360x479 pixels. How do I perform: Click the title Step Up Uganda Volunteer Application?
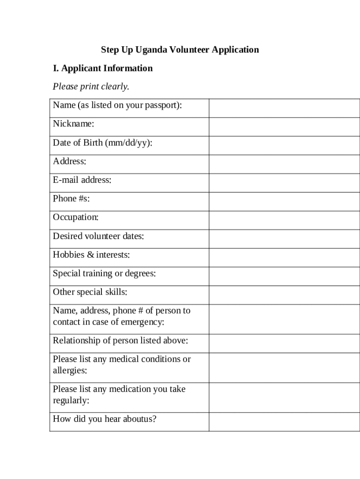pos(180,50)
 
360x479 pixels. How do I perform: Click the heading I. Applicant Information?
pos(103,68)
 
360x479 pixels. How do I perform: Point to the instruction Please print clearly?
pos(91,87)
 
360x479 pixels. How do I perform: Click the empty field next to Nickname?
pos(284,127)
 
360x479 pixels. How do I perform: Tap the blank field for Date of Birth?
pos(284,145)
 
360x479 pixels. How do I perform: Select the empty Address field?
pos(284,164)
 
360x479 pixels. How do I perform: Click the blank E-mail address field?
pos(284,183)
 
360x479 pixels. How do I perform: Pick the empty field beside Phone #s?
pos(284,202)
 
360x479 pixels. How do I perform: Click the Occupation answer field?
pos(284,220)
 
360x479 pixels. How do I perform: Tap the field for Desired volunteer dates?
pos(284,239)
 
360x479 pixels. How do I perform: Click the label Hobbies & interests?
pos(91,255)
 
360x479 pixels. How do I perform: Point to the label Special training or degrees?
pos(104,274)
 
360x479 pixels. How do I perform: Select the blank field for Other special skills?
pos(284,295)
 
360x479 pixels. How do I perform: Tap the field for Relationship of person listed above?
pos(284,343)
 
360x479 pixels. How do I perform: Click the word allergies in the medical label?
pos(70,371)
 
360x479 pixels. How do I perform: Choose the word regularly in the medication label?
pos(71,401)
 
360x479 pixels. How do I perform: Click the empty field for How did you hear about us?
pos(284,422)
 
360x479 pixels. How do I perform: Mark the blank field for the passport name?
pos(284,108)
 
